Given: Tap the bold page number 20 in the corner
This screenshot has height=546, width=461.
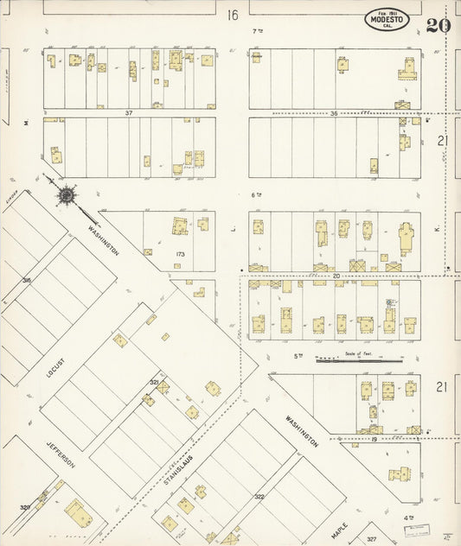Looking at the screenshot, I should click(438, 24).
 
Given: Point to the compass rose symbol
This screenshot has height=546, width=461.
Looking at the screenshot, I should click(66, 195).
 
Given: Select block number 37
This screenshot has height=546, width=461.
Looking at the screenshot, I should click(128, 113).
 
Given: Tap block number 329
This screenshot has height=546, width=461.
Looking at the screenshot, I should click(26, 506).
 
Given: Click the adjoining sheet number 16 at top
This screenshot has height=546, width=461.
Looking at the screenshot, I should click(231, 15).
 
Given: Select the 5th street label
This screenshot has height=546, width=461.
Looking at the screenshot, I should click(298, 355).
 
